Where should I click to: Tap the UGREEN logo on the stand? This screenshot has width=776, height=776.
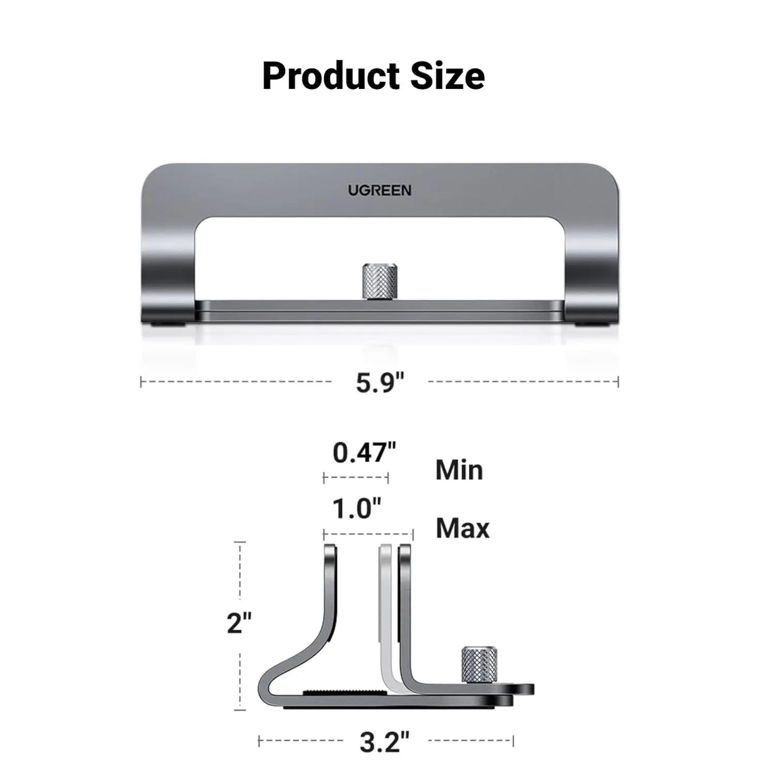(x=380, y=190)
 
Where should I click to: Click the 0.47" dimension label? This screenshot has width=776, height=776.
(x=364, y=453)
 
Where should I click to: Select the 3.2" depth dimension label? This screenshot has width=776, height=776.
(x=385, y=742)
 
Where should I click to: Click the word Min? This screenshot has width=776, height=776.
(x=459, y=470)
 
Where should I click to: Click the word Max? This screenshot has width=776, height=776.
(x=462, y=529)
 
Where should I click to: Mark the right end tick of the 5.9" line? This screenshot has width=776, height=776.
(x=618, y=382)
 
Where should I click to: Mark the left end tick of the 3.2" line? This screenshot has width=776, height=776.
(x=259, y=741)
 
